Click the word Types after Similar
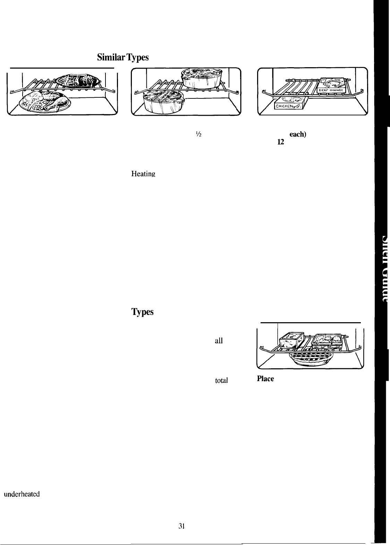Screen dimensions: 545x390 (x=137, y=58)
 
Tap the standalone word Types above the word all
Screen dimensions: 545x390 (x=142, y=312)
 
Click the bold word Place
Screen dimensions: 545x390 (x=265, y=379)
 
